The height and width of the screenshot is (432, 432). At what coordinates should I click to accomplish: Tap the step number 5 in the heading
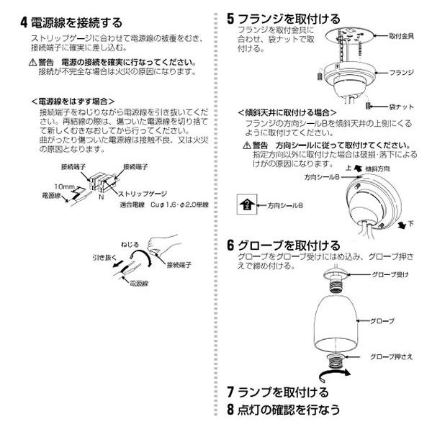[230, 18]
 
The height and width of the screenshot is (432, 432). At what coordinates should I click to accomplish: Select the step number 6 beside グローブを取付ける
[230, 245]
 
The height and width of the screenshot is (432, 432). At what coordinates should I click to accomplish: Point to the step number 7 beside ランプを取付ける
[230, 392]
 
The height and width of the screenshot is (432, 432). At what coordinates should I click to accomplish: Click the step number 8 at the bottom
[230, 409]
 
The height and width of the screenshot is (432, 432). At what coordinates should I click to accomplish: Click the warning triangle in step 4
[32, 63]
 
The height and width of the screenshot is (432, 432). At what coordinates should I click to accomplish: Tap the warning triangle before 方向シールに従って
[246, 145]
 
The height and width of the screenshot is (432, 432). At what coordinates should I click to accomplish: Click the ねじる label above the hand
[130, 245]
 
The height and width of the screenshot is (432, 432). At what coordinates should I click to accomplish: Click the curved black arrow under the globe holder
[338, 372]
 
